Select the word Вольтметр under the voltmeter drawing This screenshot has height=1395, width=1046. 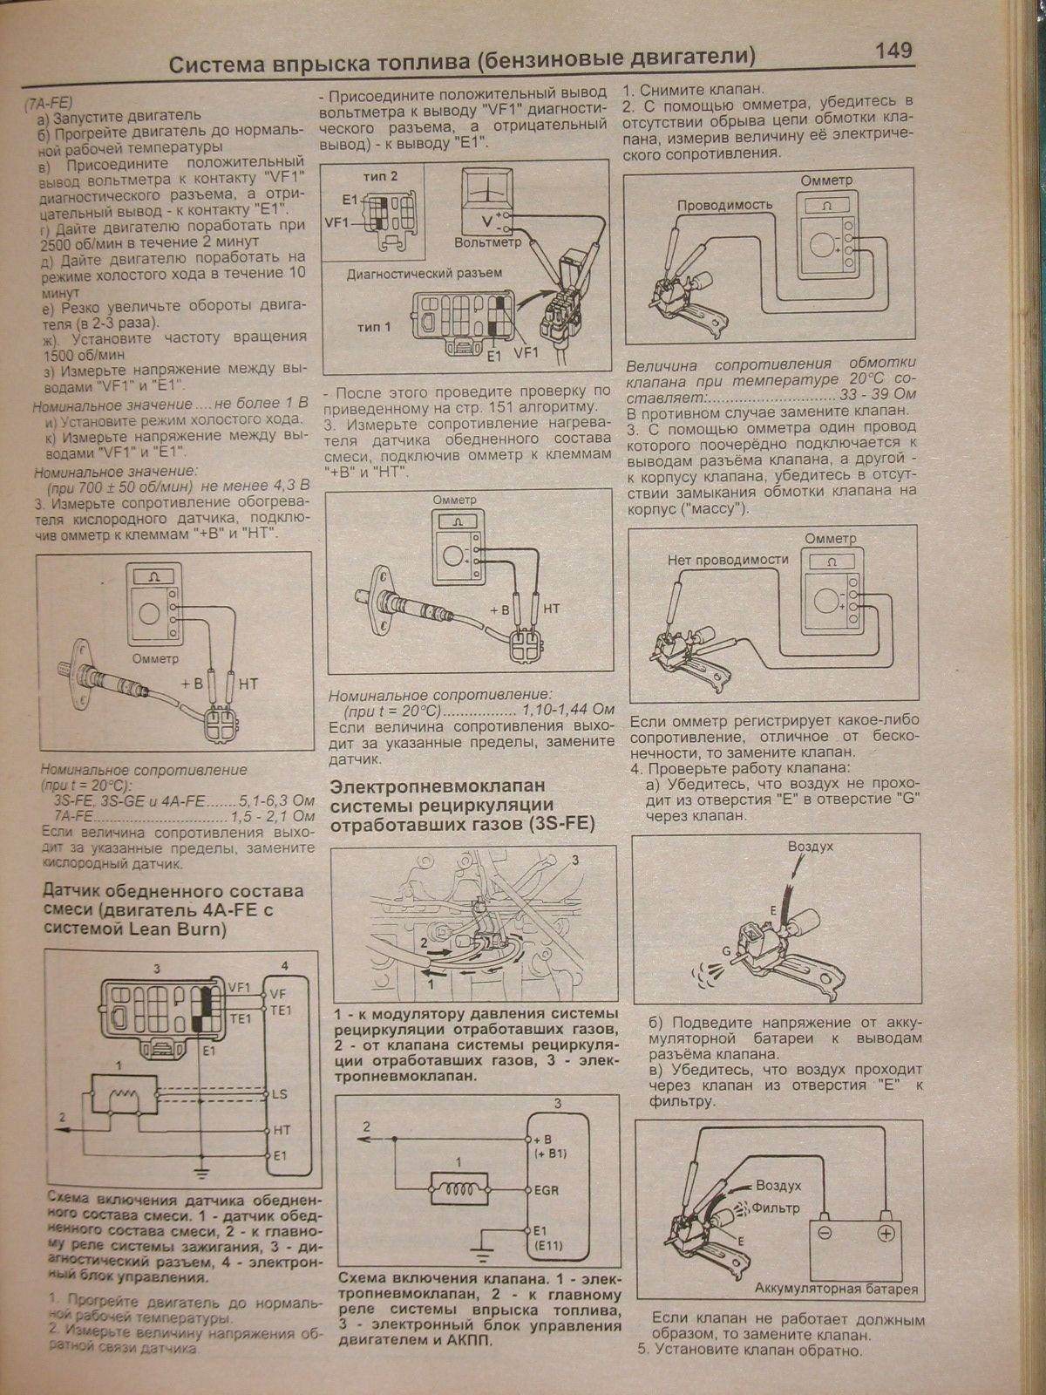click(x=487, y=242)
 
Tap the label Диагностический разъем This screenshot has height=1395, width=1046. click(x=425, y=273)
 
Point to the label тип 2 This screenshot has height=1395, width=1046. click(x=380, y=175)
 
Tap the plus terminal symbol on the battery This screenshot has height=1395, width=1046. click(x=886, y=1233)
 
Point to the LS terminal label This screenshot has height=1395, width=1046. click(x=281, y=1093)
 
